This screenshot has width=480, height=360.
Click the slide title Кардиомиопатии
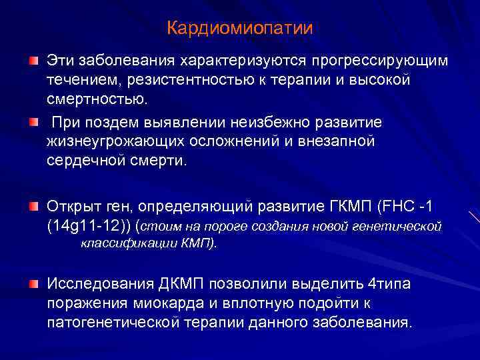click(x=240, y=29)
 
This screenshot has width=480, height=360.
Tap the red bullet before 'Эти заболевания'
click(x=33, y=61)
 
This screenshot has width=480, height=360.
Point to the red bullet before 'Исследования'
click(x=33, y=284)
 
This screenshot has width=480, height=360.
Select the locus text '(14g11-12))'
click(x=88, y=225)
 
